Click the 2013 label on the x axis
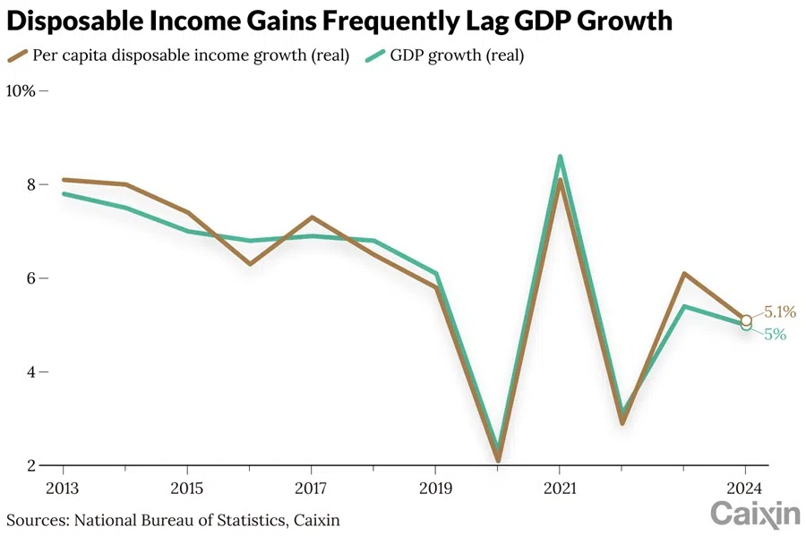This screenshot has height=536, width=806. pyautogui.click(x=64, y=489)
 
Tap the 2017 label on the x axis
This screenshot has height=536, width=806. pyautogui.click(x=311, y=489)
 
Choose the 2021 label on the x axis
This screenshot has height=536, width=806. pyautogui.click(x=559, y=489)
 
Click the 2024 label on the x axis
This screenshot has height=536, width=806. pyautogui.click(x=745, y=489)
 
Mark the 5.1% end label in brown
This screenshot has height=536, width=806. pyautogui.click(x=779, y=312)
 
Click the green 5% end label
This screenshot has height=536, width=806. pyautogui.click(x=775, y=335)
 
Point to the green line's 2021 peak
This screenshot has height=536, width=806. pyautogui.click(x=560, y=157)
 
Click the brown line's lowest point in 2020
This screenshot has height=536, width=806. pyautogui.click(x=497, y=460)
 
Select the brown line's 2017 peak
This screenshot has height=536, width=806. pyautogui.click(x=311, y=217)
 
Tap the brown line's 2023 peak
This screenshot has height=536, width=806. pyautogui.click(x=683, y=274)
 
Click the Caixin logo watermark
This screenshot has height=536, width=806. pyautogui.click(x=754, y=514)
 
